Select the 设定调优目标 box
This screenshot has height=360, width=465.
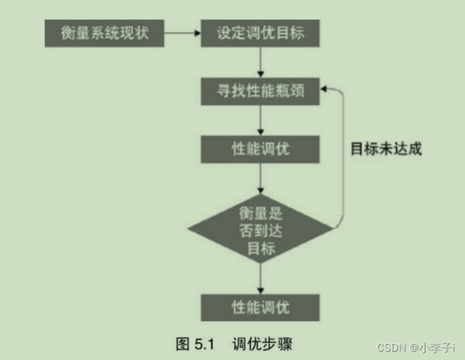click(x=260, y=32)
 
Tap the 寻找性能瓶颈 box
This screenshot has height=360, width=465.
click(x=260, y=91)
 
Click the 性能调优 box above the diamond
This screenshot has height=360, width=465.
click(x=260, y=149)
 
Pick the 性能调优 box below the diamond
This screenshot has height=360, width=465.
click(x=260, y=306)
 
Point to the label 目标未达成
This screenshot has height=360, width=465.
click(x=386, y=148)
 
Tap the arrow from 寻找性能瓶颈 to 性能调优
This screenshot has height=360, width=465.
click(x=260, y=120)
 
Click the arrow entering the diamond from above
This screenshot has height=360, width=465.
click(x=260, y=178)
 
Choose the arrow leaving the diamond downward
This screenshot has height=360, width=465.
click(x=260, y=277)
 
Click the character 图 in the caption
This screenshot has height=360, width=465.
click(x=182, y=343)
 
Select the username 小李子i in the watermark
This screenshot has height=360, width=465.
click(x=437, y=347)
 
